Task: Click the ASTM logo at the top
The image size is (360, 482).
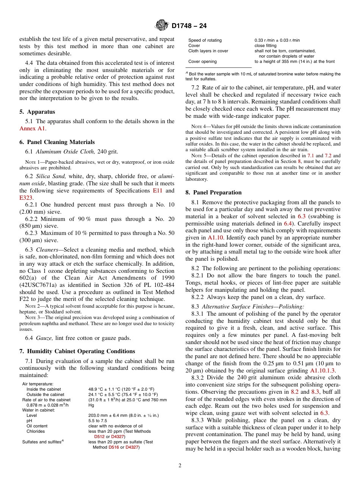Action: click(x=162, y=26)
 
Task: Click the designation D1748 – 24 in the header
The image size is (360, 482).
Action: click(x=189, y=26)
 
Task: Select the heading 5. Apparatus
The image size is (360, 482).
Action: click(x=37, y=112)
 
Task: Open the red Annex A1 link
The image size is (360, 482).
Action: click(x=32, y=128)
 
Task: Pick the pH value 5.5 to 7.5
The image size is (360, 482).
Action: click(x=98, y=421)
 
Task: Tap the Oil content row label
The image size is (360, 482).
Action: click(x=37, y=426)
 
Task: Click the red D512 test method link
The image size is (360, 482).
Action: click(x=99, y=437)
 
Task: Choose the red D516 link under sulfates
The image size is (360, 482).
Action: click(x=114, y=447)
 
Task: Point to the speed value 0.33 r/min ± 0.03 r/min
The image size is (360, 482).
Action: click(x=277, y=40)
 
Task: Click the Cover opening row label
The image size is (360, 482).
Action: click(x=202, y=61)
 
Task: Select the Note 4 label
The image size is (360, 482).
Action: click(x=197, y=127)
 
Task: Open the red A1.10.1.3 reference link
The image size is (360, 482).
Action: click(x=322, y=371)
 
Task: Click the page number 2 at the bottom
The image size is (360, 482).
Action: click(x=180, y=466)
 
